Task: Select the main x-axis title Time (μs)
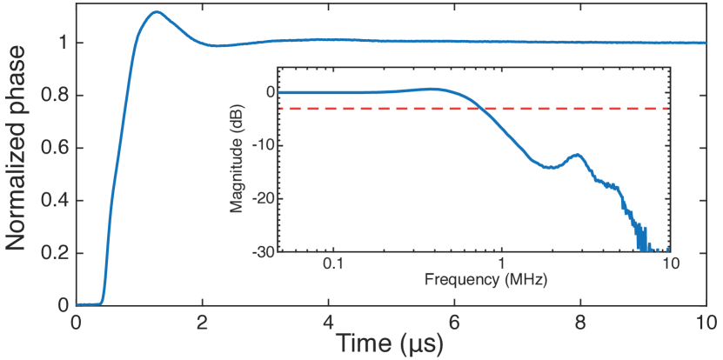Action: coord(391,342)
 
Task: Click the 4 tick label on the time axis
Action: coord(328,320)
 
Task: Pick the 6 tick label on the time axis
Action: coord(454,320)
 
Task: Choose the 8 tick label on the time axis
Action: coord(580,320)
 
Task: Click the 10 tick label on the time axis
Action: coord(705,320)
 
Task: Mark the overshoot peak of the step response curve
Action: coord(155,12)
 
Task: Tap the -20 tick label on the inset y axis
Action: coord(263,198)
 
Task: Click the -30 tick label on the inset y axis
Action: coord(263,251)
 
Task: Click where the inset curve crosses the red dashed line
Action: coord(480,109)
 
